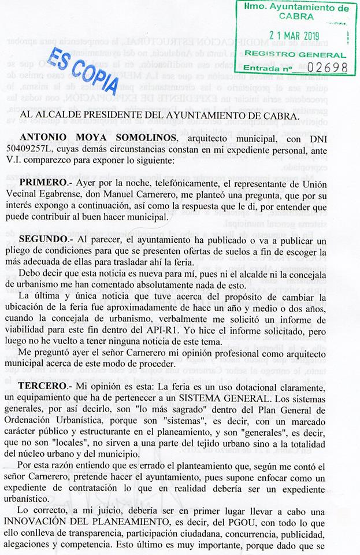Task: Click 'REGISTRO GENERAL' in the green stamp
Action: [295, 54]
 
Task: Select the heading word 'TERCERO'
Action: [54, 385]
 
